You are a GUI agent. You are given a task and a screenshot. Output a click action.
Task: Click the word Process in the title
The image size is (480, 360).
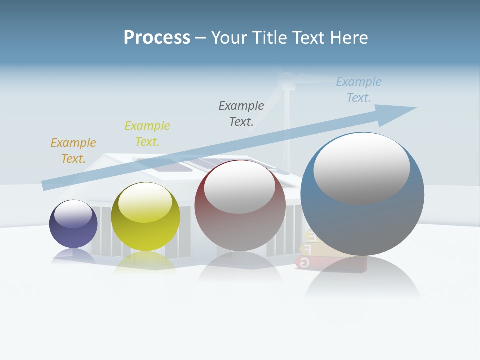pos(157,38)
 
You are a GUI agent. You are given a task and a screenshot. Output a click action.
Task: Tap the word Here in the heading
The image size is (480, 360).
pos(348,38)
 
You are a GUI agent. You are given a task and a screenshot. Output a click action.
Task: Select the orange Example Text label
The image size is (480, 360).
pos(73,151)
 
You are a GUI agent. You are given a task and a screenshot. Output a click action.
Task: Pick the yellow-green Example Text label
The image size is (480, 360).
pos(147,134)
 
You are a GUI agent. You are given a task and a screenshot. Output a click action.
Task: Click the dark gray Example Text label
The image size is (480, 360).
pos(241,113)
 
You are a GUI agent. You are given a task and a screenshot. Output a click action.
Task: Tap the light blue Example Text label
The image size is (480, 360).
pos(359,90)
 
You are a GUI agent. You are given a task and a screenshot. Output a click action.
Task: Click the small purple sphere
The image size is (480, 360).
pos(73,232)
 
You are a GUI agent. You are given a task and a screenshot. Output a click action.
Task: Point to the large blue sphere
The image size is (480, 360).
pos(362,225)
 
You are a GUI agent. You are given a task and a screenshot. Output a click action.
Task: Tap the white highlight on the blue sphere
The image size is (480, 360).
pos(362,169)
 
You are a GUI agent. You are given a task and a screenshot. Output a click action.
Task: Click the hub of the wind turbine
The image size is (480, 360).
pos(287,79)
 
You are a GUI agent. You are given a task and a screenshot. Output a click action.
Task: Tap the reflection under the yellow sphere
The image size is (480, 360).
pos(145,262)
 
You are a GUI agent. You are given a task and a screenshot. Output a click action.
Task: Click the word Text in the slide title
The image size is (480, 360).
pos(312,38)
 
